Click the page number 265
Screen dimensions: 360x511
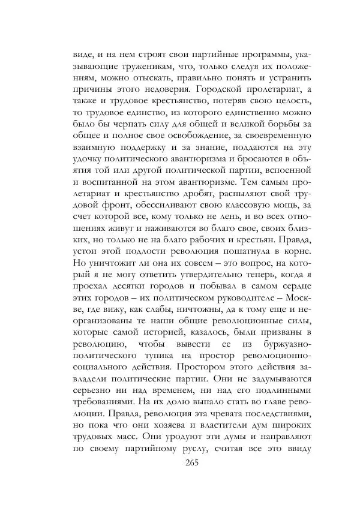coord(192,462)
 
